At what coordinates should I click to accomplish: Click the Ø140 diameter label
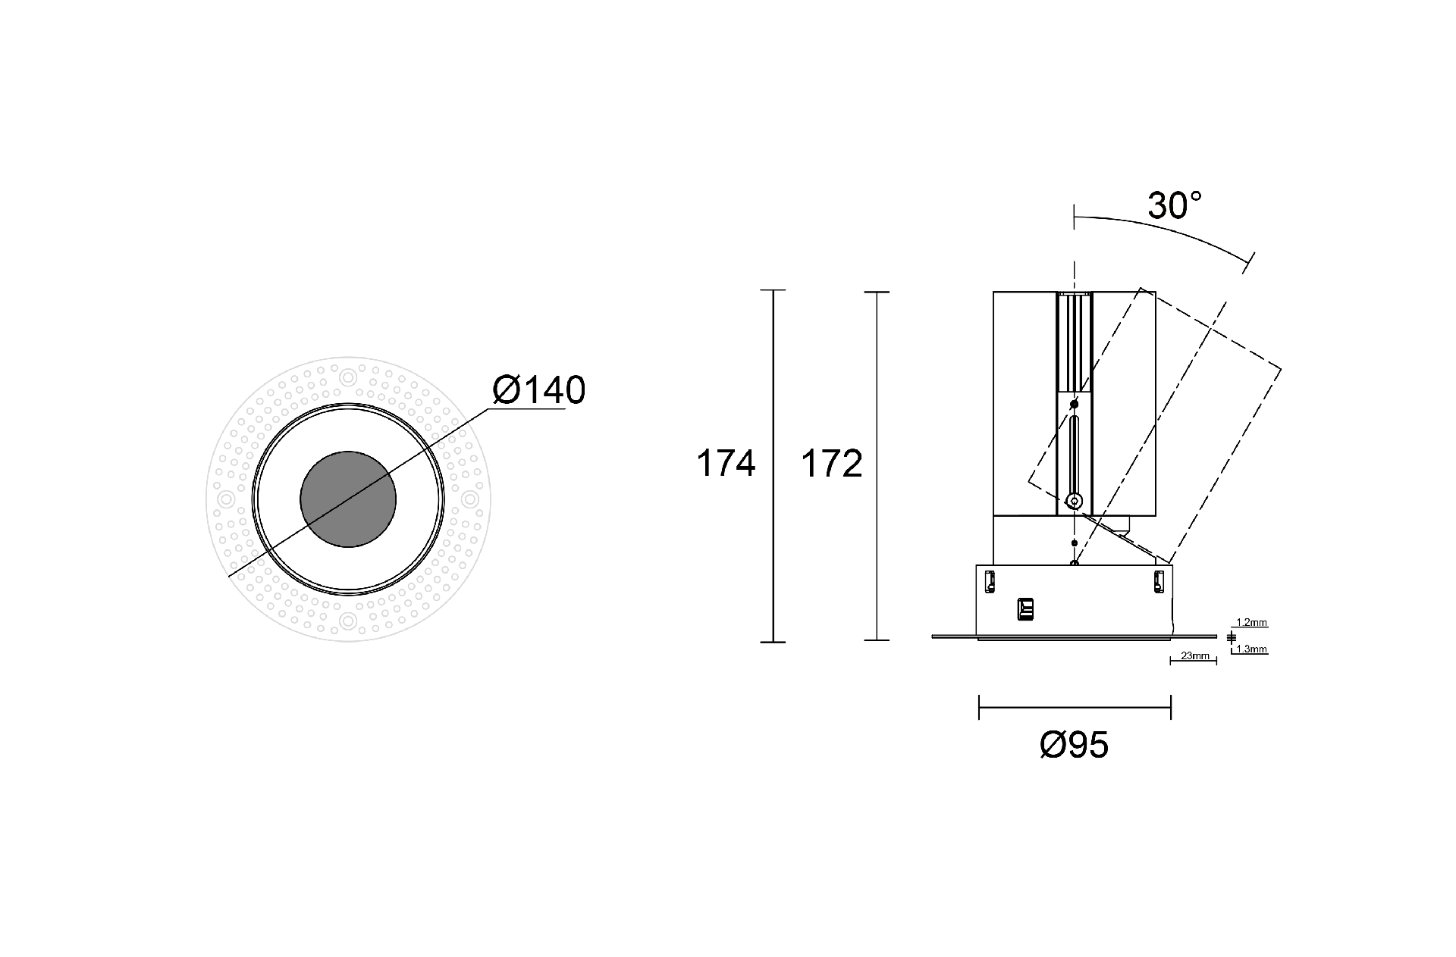pos(539,391)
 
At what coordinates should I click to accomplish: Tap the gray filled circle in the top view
pos(348,499)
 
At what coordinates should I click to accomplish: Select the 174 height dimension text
pos(726,464)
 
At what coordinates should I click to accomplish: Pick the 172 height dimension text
pos(832,464)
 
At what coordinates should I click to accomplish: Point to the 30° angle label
pos(1175,205)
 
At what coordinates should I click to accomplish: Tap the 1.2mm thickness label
pos(1251,623)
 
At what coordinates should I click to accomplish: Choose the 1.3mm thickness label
pos(1251,649)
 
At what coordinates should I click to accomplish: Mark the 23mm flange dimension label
pos(1195,656)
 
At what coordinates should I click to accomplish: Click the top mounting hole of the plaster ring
pos(348,377)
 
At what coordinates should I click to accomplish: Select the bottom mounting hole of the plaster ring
pos(348,622)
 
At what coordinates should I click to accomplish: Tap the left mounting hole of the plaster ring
pos(225,499)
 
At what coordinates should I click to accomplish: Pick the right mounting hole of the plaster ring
pos(470,499)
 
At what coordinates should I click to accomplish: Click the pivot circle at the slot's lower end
pos(1074,500)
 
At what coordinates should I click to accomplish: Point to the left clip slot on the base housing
pos(989,581)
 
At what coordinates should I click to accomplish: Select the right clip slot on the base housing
pos(1158,581)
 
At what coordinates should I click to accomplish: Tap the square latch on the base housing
pos(1025,608)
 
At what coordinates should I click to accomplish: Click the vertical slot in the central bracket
pos(1074,455)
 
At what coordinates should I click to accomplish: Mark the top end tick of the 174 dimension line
pos(773,290)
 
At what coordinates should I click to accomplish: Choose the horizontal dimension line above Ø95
pos(1075,708)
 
